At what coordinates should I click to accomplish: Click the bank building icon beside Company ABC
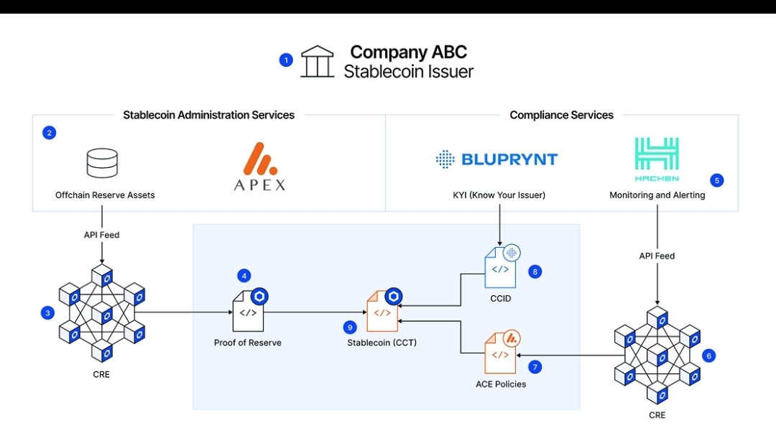coord(317,62)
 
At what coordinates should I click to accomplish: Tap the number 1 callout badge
coord(286,60)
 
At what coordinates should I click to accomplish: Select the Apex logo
coord(259,167)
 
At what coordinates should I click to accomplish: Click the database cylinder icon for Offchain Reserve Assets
coord(102,163)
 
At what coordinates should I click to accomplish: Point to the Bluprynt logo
coord(496,159)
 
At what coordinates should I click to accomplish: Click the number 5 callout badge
coord(716,180)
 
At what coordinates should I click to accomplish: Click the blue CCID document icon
coord(501,268)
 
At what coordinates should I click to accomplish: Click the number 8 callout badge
coord(534,271)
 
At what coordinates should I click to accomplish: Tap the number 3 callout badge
coord(48,312)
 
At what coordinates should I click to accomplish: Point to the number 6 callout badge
coord(709,355)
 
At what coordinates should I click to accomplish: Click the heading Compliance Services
coord(561,115)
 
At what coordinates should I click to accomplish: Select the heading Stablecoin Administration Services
coord(208,115)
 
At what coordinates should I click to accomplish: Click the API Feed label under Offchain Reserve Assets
coord(101,235)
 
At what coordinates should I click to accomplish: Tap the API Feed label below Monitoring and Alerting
coord(657,256)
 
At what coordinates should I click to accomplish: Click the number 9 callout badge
coord(350,327)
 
